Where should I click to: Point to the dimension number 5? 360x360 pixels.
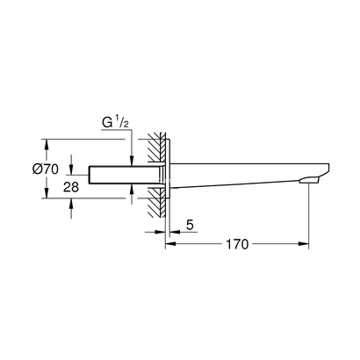coord(190,226)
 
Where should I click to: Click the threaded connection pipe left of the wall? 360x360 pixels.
coord(114,176)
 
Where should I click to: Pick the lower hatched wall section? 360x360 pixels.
coord(155,205)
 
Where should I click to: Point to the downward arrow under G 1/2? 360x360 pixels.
coord(131,158)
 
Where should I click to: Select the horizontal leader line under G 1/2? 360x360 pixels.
coord(110,136)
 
